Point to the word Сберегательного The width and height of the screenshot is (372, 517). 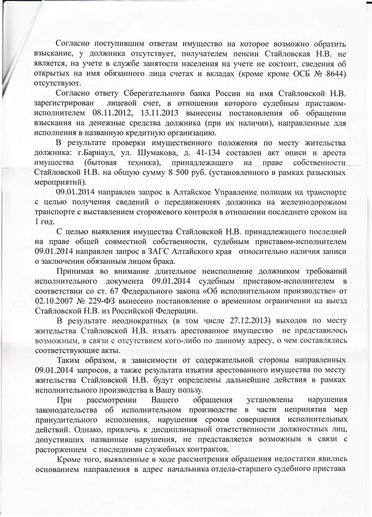153,94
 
